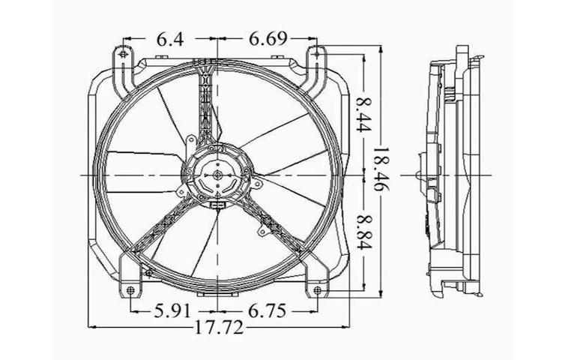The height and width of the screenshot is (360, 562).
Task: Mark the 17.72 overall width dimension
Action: click(x=218, y=328)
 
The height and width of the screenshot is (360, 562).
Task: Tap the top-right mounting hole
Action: click(x=317, y=55)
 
